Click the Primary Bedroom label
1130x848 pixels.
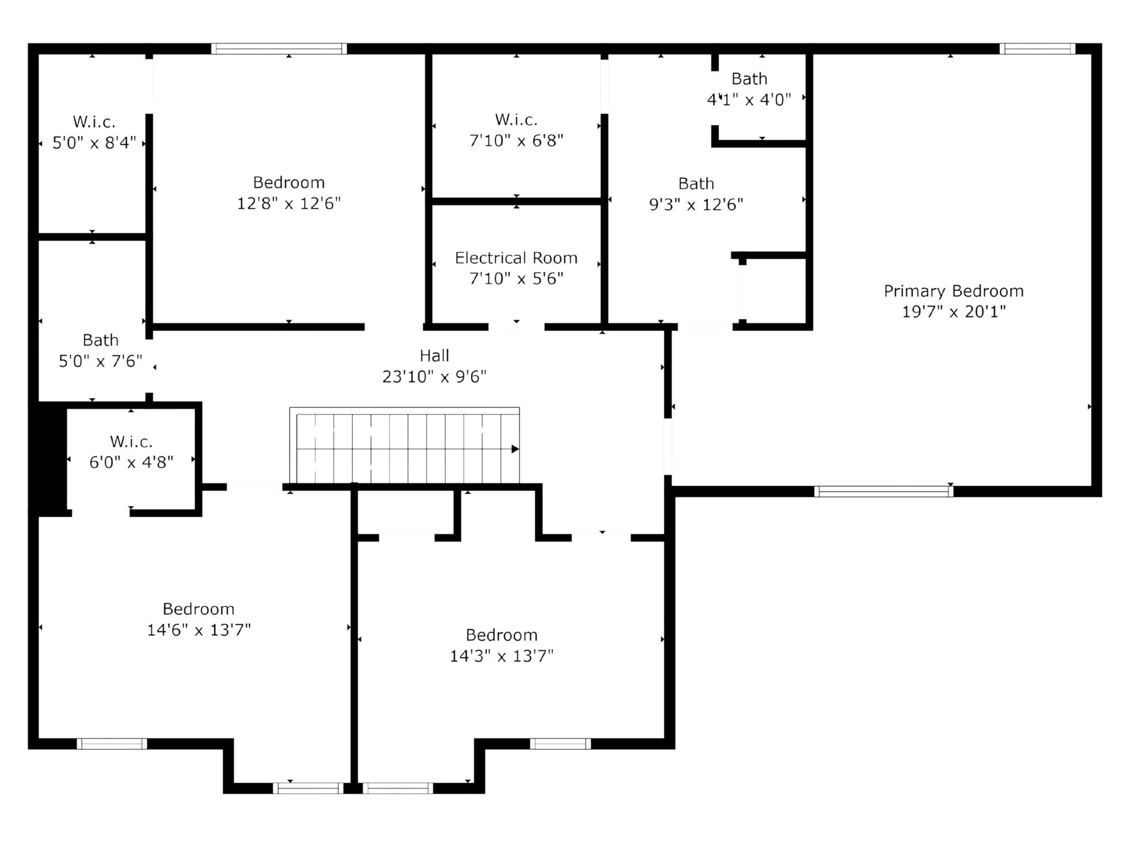pos(953,291)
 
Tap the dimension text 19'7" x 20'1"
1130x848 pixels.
pos(953,312)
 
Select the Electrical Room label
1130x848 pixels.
pos(516,258)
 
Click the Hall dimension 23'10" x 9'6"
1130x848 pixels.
pos(434,377)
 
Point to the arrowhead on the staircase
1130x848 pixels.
pos(515,449)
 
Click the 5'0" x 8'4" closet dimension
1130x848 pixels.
pos(94,143)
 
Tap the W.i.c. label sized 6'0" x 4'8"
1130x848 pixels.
pos(131,441)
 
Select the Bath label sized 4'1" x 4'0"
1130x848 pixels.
pos(749,79)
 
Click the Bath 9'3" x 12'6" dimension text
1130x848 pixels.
pos(696,205)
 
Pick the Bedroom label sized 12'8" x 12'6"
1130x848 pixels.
pos(289,182)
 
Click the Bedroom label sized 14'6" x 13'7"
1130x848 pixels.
pos(198,609)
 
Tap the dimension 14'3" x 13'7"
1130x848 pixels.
pos(501,656)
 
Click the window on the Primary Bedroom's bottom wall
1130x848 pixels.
pos(883,491)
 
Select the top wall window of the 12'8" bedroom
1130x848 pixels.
pos(279,49)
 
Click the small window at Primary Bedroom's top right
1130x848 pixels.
pos(1037,49)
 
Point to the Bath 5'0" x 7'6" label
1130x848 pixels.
pos(100,340)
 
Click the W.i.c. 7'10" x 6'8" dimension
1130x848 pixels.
pos(516,141)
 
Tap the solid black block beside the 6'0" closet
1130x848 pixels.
pos(49,458)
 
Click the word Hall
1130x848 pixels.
pos(434,356)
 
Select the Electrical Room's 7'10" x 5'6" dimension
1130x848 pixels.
pos(516,279)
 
